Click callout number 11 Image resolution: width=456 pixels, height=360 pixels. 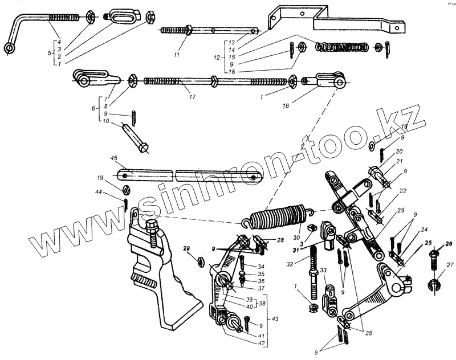point(176,55)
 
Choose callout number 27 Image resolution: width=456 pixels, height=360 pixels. point(450,264)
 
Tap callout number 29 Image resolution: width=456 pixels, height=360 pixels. point(185,249)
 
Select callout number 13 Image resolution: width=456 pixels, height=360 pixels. point(232,43)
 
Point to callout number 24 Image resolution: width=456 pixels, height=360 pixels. point(424,230)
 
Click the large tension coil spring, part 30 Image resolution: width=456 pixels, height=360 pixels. point(276,217)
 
